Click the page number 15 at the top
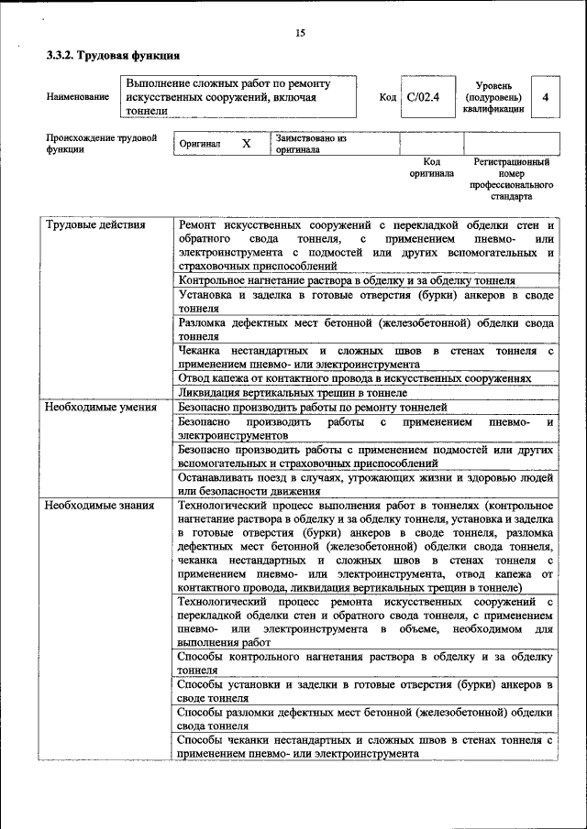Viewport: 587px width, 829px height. click(299, 34)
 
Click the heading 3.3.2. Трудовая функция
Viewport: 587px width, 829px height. click(106, 56)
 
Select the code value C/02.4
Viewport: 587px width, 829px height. click(424, 97)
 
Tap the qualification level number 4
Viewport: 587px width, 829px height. click(546, 97)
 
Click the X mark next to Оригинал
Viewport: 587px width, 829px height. click(246, 145)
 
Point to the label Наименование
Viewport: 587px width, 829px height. click(78, 97)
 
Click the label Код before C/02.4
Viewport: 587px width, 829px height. click(387, 97)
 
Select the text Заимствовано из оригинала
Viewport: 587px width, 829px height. click(311, 144)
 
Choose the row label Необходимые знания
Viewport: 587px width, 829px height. click(100, 505)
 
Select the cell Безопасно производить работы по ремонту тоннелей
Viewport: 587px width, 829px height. click(312, 407)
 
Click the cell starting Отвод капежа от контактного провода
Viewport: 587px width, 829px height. click(354, 377)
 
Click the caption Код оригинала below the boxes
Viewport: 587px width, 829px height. click(431, 167)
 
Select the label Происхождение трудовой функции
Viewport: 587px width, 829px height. click(101, 144)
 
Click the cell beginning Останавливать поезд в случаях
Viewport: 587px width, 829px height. click(365, 484)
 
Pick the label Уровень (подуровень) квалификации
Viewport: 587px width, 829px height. click(493, 96)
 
